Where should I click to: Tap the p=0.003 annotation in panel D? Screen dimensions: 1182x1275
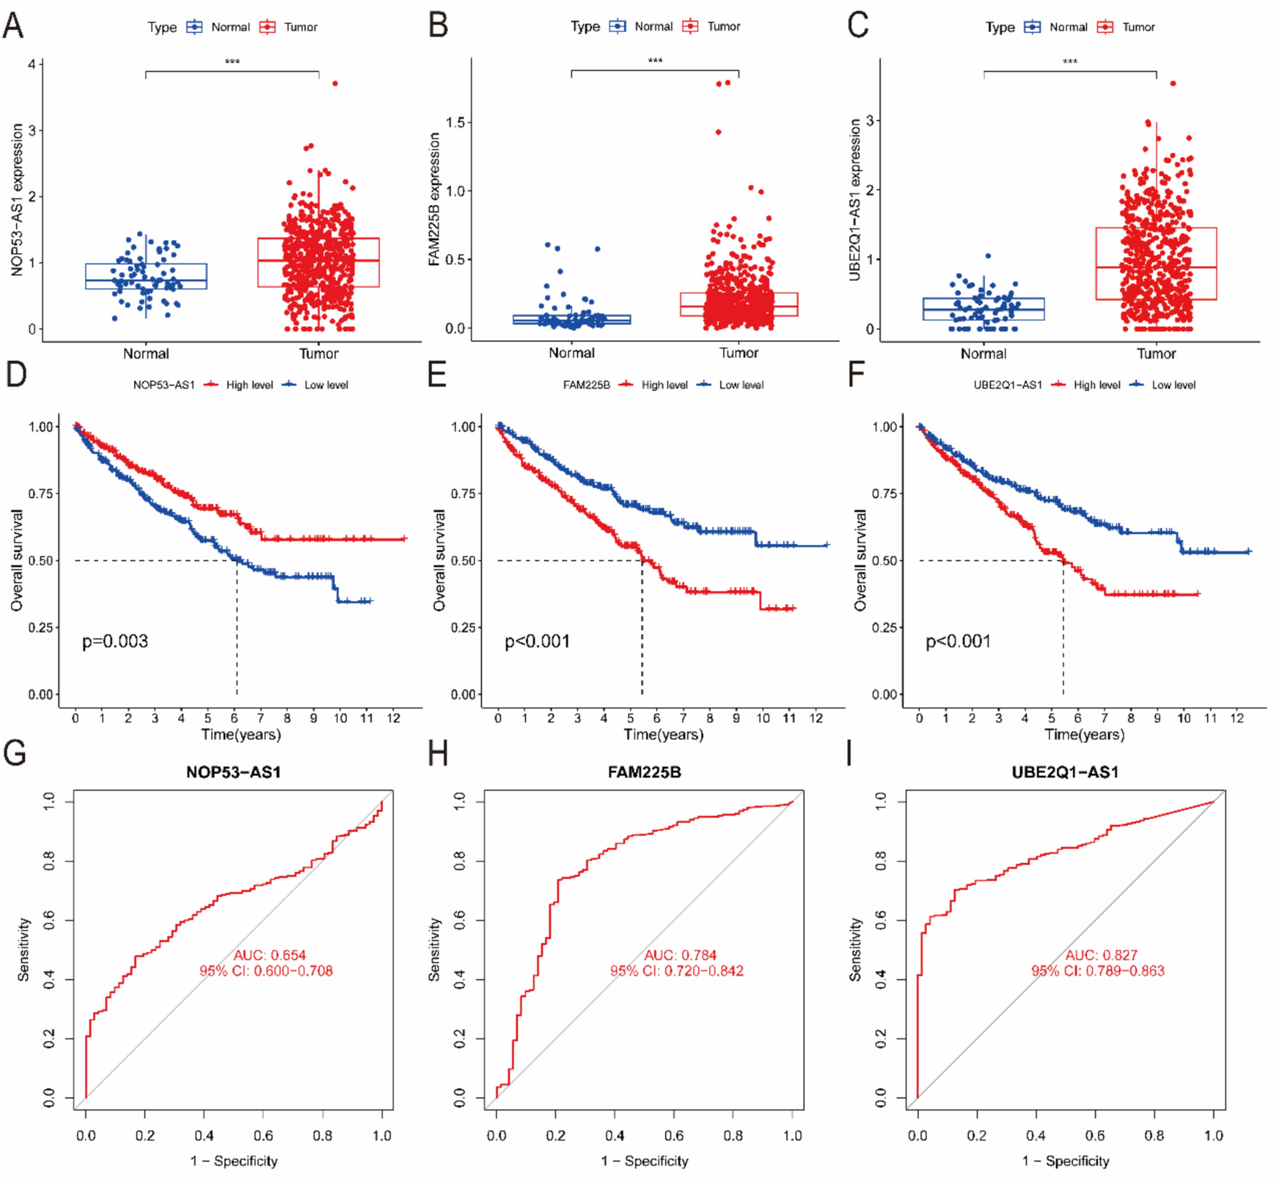tap(115, 641)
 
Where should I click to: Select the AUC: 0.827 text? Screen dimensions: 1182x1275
tap(1101, 955)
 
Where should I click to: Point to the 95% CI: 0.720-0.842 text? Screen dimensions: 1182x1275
tap(677, 971)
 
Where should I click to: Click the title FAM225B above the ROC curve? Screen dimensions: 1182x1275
tap(644, 772)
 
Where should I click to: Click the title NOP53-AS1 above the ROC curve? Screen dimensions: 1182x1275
tap(233, 772)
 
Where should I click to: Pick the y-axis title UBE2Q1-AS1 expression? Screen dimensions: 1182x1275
tap(854, 200)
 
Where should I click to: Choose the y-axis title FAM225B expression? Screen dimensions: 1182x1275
tap(434, 199)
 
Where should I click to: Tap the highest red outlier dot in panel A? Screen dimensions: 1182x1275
tap(334, 83)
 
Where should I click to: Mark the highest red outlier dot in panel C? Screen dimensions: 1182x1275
tap(1173, 83)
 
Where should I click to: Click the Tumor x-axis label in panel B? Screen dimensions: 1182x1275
tap(739, 353)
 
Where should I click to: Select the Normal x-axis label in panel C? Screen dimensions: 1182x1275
tap(983, 354)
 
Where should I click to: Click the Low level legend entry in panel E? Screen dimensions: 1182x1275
tap(741, 385)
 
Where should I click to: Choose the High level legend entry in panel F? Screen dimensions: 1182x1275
tap(1096, 385)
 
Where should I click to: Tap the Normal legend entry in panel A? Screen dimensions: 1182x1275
tap(229, 27)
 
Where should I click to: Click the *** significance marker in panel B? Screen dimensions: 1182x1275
tap(655, 61)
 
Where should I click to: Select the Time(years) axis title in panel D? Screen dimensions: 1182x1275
tap(241, 734)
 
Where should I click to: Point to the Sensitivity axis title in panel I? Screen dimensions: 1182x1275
tap(855, 949)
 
